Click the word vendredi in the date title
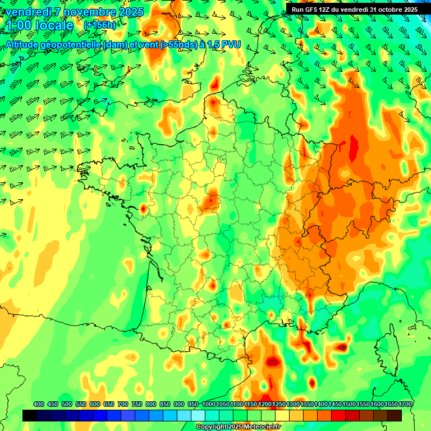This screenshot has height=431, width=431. click(26, 12)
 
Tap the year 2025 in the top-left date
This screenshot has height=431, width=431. click(130, 12)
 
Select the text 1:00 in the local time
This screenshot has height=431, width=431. click(17, 25)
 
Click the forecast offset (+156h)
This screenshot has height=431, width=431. click(99, 25)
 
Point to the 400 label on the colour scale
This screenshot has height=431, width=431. click(39, 405)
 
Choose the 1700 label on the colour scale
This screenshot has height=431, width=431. click(405, 405)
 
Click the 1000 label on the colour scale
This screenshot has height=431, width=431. click(209, 405)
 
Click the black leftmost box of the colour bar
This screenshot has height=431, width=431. click(30, 415)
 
